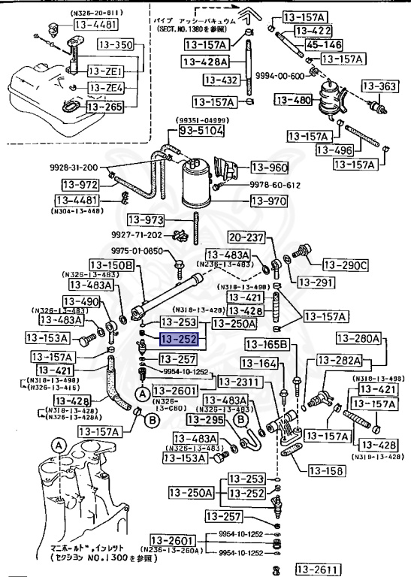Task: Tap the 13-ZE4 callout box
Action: pyautogui.click(x=106, y=88)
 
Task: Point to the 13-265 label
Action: pyautogui.click(x=104, y=107)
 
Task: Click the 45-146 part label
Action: pyautogui.click(x=323, y=44)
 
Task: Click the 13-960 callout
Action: pyautogui.click(x=268, y=168)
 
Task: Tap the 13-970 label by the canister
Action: pyautogui.click(x=268, y=201)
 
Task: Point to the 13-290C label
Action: pyautogui.click(x=346, y=264)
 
